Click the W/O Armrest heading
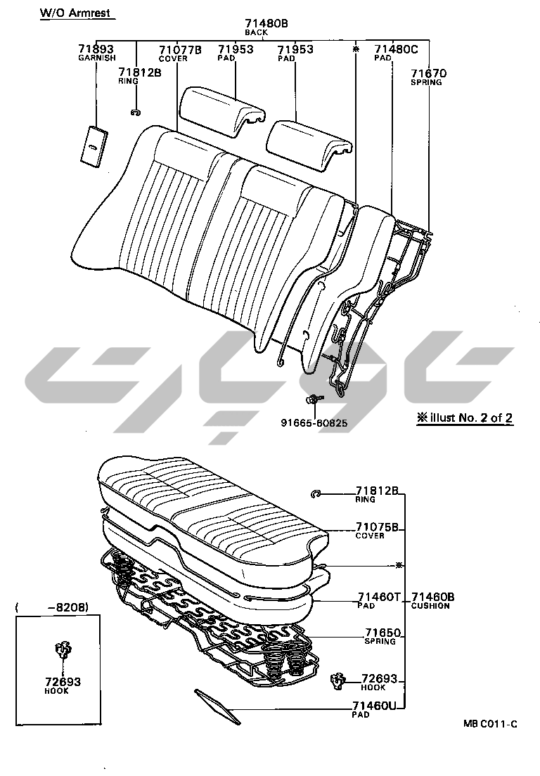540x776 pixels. click(75, 13)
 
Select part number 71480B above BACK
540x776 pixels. click(266, 23)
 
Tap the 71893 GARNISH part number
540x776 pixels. click(96, 49)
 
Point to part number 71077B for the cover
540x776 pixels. click(180, 49)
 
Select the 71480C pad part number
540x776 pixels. click(396, 49)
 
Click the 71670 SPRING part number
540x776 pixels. click(429, 73)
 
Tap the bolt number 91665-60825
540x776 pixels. click(314, 423)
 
